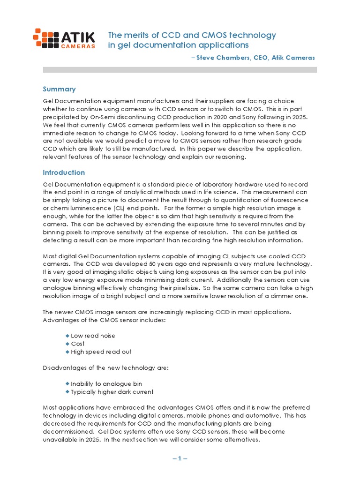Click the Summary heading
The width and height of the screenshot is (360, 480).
pyautogui.click(x=59, y=89)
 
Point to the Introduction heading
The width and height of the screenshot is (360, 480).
pyautogui.click(x=64, y=172)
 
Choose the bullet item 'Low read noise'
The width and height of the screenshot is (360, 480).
pyautogui.click(x=93, y=336)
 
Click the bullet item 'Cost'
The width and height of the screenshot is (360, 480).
pyautogui.click(x=78, y=344)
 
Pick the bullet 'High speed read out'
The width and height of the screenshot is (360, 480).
pyautogui.click(x=101, y=352)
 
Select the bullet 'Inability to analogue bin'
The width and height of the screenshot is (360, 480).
pyautogui.click(x=106, y=383)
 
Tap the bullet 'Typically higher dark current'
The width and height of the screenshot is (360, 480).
pyautogui.click(x=112, y=391)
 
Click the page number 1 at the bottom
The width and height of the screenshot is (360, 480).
pyautogui.click(x=180, y=458)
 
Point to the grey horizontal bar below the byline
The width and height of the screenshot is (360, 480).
pyautogui.click(x=180, y=69)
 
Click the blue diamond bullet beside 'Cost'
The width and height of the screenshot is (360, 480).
pyautogui.click(x=67, y=344)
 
